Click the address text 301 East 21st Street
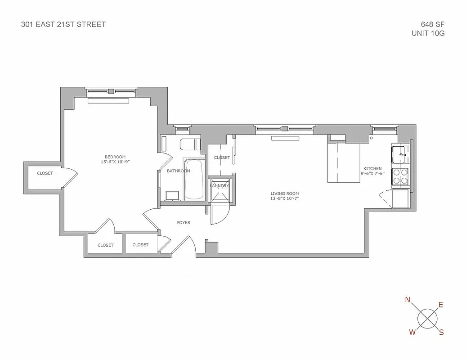[x=63, y=24]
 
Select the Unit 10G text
[x=428, y=33]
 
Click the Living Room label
[x=285, y=193]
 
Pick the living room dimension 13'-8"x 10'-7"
[x=285, y=198]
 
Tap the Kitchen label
[x=372, y=169]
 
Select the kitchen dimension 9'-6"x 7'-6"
[x=372, y=174]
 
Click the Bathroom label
[x=178, y=171]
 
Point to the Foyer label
[x=184, y=223]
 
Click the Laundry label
[x=220, y=185]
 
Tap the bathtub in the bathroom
[x=194, y=179]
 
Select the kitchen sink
[x=399, y=154]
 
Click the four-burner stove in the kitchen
[x=400, y=176]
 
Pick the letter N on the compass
[x=408, y=300]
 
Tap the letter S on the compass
[x=441, y=333]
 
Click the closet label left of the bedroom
[x=45, y=173]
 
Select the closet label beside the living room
[x=222, y=157]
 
